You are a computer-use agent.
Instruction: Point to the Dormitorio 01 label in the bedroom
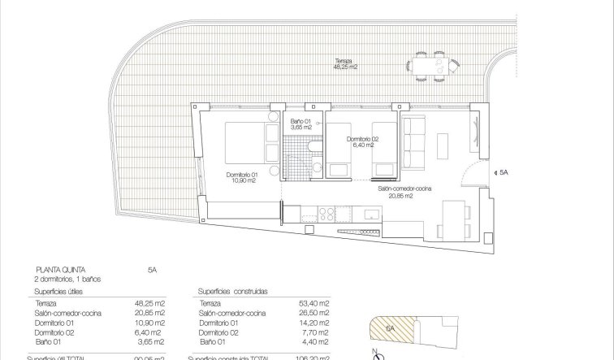click(242, 178)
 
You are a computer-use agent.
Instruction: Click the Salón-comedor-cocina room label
click(404, 192)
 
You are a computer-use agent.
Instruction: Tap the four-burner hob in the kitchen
click(328, 214)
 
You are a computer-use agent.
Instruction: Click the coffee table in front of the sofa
click(445, 145)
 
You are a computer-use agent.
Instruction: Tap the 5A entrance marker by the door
click(504, 172)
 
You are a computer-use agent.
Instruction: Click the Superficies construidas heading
click(232, 289)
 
